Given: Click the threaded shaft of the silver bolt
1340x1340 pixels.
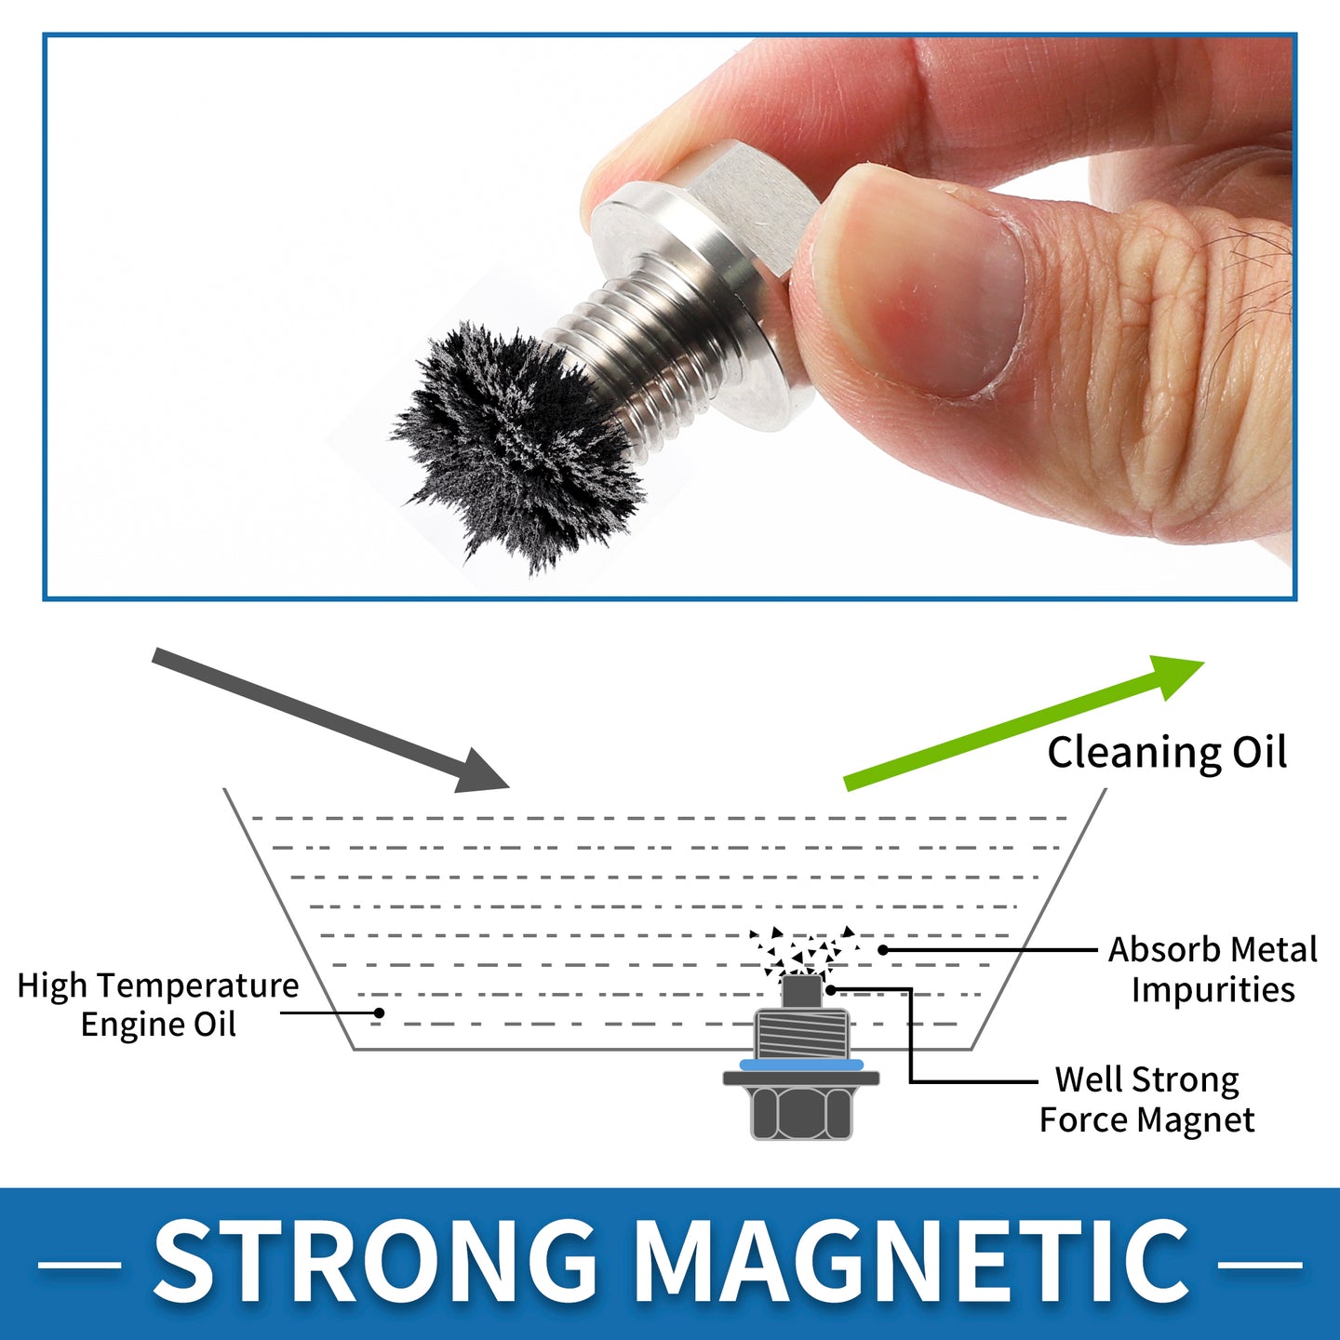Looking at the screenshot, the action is click(x=653, y=341).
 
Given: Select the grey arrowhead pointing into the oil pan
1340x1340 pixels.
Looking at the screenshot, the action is click(x=481, y=771).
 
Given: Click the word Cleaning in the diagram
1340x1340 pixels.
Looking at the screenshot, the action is click(x=1132, y=753).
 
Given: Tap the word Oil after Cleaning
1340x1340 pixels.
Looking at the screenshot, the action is click(x=1259, y=751).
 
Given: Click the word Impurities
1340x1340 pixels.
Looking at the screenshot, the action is click(x=1213, y=989).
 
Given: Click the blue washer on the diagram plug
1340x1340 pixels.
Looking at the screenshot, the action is click(x=801, y=1064).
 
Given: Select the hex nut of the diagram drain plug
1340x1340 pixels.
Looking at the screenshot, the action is click(x=801, y=1113).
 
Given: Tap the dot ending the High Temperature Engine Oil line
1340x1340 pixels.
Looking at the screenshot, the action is click(x=379, y=1013).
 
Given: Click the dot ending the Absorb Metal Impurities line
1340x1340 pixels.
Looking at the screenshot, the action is click(x=882, y=949).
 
